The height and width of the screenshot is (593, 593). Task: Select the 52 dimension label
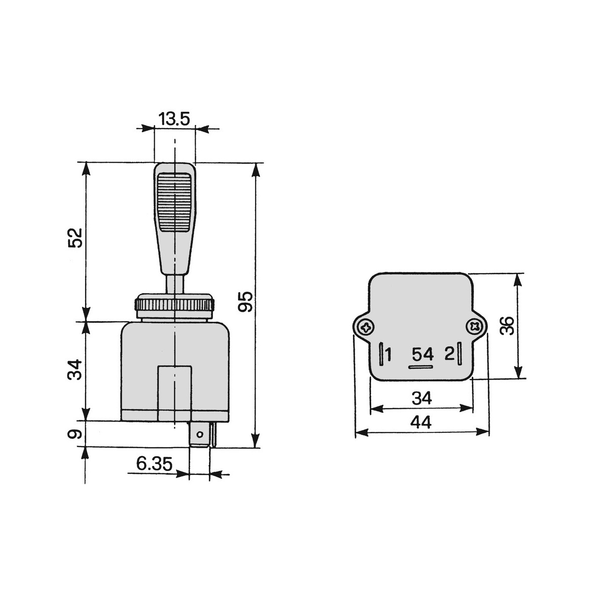tap(76, 238)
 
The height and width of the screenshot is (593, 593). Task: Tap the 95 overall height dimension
tap(246, 302)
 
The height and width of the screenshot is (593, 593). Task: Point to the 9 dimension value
tap(75, 434)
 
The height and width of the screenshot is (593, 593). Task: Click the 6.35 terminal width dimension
tap(154, 464)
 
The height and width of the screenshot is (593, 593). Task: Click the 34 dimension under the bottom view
tap(422, 398)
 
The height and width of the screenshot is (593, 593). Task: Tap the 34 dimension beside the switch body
tap(75, 370)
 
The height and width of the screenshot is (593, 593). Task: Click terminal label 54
tap(423, 355)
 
